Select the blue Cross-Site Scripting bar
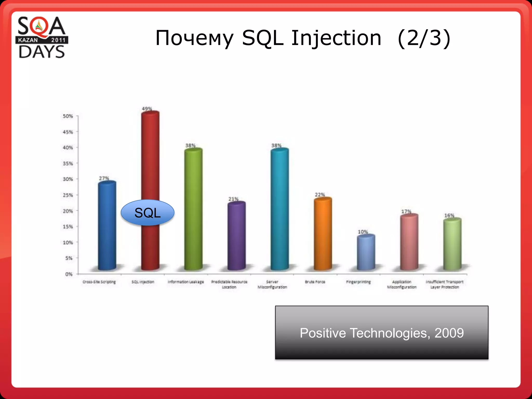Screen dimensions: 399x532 (107, 226)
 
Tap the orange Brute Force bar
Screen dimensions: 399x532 (323, 234)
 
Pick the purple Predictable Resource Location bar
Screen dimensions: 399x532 (236, 236)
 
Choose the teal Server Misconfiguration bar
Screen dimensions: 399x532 (280, 208)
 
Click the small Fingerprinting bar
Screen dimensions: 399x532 (366, 252)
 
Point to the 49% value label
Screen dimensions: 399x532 (147, 109)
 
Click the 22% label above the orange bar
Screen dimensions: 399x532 (320, 195)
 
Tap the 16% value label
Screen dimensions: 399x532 (449, 215)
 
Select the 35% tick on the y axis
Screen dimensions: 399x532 (68, 163)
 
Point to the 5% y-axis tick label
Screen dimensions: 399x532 (69, 258)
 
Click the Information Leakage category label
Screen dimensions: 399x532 (186, 282)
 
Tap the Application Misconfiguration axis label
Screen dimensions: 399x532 (402, 284)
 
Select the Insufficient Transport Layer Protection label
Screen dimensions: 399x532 (444, 284)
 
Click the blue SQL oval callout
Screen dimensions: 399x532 (148, 212)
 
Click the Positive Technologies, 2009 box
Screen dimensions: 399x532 (382, 333)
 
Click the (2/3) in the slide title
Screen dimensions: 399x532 (424, 38)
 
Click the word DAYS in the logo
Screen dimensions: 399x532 (42, 52)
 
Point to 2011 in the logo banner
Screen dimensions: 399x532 (58, 40)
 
